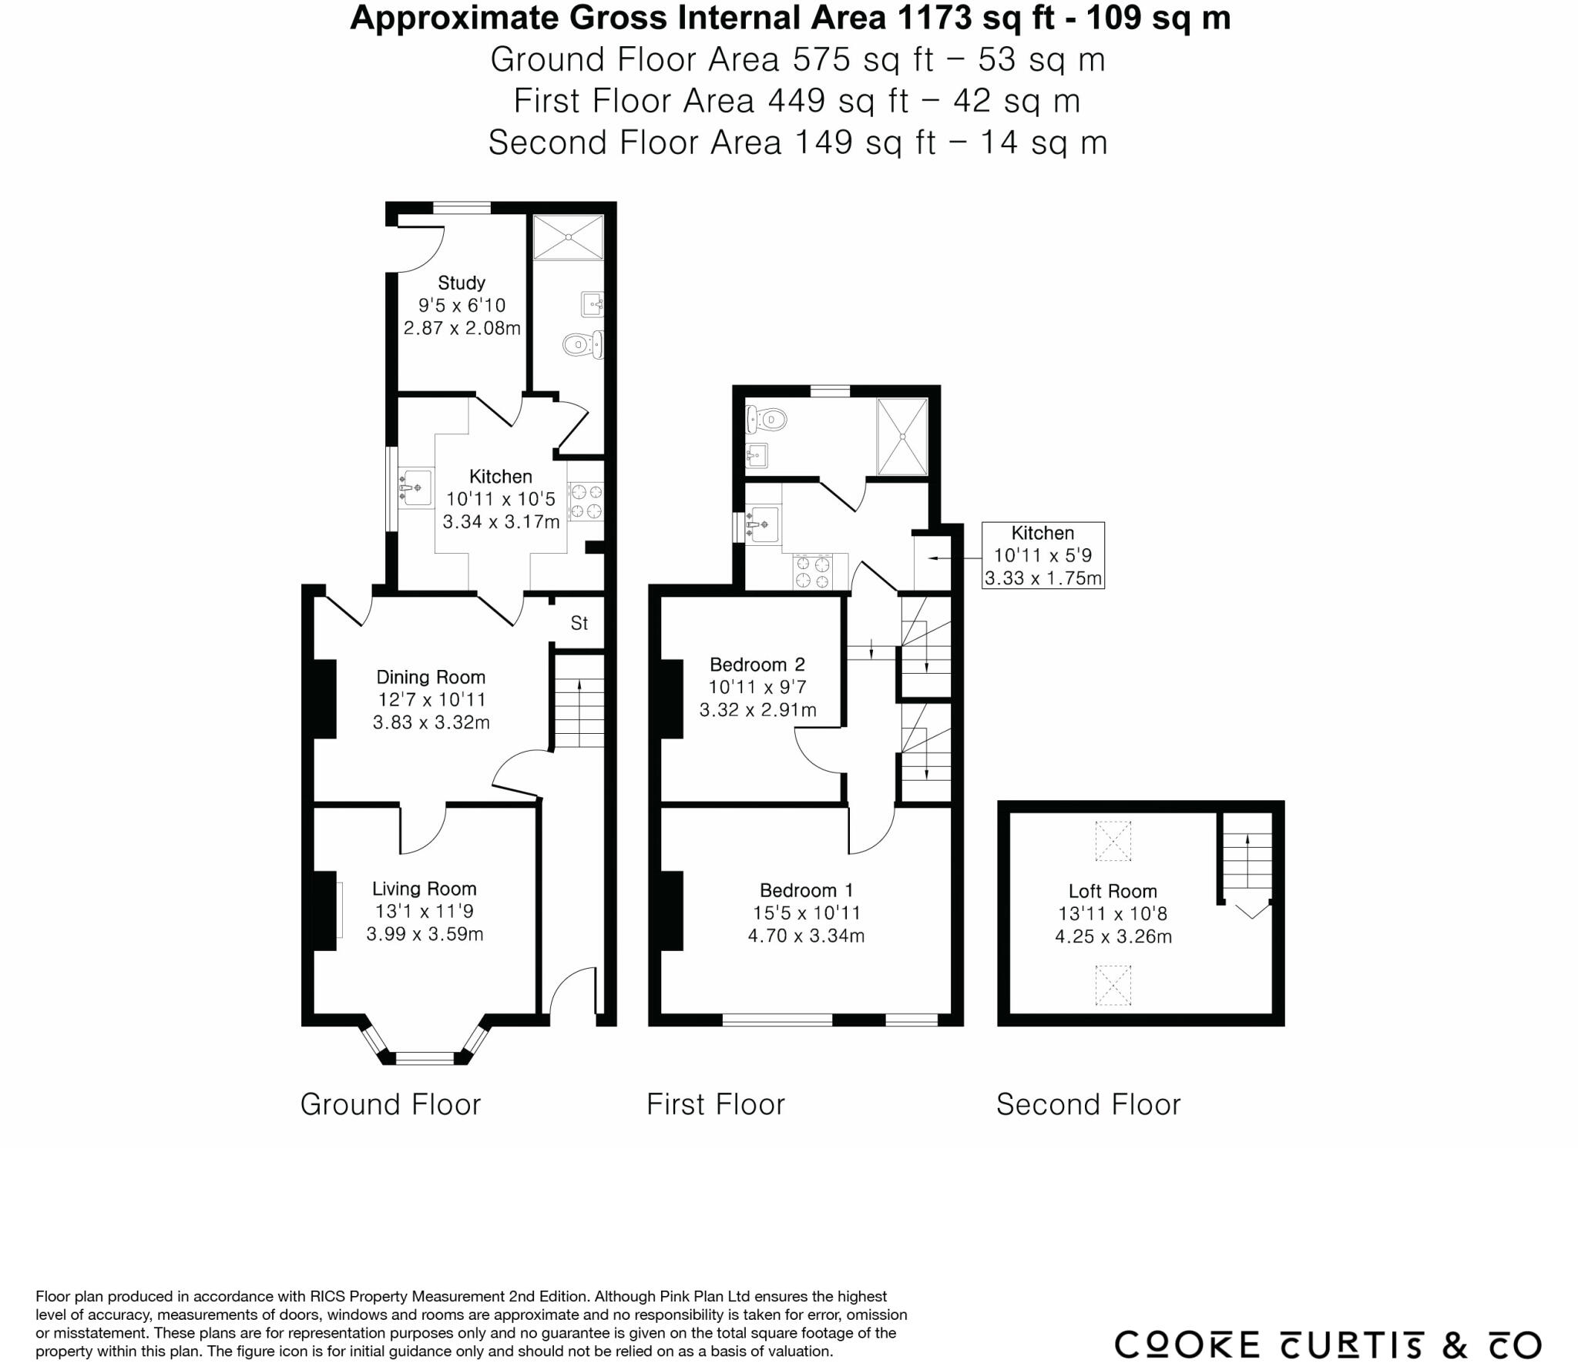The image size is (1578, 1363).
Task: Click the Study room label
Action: point(462,283)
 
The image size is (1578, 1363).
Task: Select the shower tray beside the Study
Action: point(569,237)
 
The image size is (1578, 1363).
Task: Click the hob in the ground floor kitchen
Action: point(586,501)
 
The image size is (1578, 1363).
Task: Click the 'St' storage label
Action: point(579,623)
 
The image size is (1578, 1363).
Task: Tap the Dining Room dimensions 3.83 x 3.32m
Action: point(431,722)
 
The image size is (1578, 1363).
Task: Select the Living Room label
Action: point(424,889)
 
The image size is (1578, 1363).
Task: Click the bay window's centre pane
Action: point(425,1058)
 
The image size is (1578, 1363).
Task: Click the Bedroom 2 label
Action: point(757,664)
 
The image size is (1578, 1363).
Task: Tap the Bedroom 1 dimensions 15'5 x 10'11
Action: point(806,913)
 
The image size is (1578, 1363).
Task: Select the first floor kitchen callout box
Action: point(1042,555)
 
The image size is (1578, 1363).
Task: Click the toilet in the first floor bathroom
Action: point(766,420)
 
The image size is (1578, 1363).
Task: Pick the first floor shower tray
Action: point(902,436)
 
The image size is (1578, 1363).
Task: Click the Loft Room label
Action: point(1112,891)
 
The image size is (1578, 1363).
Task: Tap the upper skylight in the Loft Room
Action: point(1113,840)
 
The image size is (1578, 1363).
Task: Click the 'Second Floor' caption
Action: point(1088,1104)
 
